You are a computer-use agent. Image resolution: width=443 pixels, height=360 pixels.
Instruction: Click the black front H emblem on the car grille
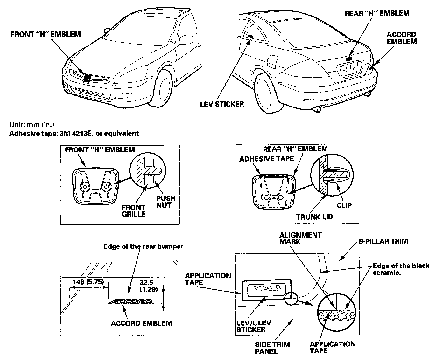pos(88,77)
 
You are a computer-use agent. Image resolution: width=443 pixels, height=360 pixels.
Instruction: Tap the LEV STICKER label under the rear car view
pos(222,104)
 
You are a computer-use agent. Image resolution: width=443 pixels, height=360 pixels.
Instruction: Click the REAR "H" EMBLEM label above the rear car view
pos(377,13)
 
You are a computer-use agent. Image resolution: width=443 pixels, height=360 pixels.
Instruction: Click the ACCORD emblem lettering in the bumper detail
pos(130,302)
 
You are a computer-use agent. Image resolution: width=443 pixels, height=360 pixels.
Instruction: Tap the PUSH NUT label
pos(166,202)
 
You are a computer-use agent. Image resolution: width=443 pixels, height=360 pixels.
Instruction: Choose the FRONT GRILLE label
pos(134,211)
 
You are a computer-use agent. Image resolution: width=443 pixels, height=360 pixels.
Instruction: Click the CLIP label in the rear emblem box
pos(344,205)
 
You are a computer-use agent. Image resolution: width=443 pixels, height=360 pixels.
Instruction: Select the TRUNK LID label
pos(314,217)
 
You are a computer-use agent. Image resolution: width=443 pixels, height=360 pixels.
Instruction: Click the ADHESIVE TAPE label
pos(267,159)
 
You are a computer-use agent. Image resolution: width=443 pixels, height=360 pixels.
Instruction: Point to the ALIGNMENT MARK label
pos(300,238)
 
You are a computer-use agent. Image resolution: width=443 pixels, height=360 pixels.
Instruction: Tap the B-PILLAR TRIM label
pos(383,241)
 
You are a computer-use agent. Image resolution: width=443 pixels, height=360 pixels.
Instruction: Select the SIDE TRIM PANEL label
pos(272,348)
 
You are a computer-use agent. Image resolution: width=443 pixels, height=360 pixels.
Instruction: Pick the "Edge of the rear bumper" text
pos(143,246)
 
